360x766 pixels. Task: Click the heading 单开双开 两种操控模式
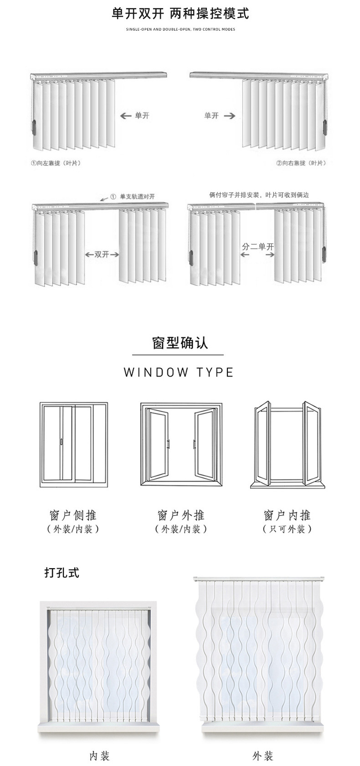(180, 14)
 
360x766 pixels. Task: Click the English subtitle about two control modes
(180, 29)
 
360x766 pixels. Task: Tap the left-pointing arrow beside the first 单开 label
(125, 116)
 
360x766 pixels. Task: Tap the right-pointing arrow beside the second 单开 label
(230, 116)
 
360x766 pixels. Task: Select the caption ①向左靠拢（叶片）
(56, 163)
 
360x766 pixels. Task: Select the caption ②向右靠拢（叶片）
(301, 163)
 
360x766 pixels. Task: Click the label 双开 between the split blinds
(102, 254)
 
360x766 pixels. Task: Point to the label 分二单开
(258, 247)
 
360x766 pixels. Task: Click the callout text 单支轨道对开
(137, 197)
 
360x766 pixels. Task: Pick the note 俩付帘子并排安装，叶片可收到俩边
(259, 195)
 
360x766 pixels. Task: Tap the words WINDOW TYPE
(179, 372)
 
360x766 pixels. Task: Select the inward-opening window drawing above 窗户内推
(287, 445)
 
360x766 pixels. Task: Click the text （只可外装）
(287, 529)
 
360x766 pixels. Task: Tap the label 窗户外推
(181, 516)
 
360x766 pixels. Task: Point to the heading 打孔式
(62, 572)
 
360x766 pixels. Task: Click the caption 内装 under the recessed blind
(99, 756)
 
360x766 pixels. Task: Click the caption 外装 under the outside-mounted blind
(262, 756)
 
